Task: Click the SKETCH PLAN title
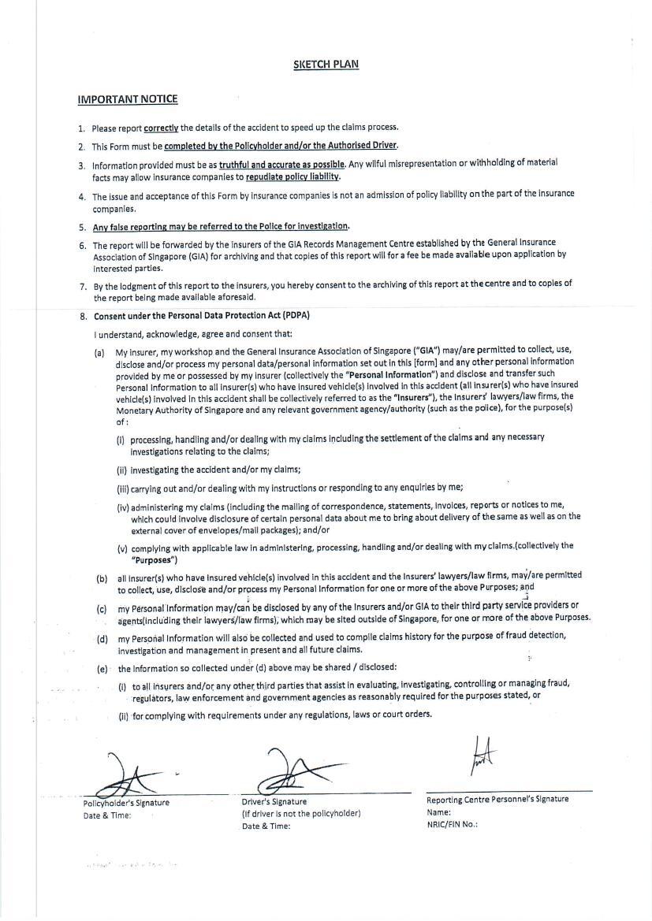326,64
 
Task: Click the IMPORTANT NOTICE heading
127,99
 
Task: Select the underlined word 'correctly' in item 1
161,128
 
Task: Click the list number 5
82,227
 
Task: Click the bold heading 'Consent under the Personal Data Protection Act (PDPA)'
202,316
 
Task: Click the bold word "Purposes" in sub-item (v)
154,560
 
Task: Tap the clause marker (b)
102,578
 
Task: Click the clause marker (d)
102,639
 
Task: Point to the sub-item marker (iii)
122,488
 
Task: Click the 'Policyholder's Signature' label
126,803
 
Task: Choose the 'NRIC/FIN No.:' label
452,825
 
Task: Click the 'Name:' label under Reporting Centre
438,812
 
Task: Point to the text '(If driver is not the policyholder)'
301,814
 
